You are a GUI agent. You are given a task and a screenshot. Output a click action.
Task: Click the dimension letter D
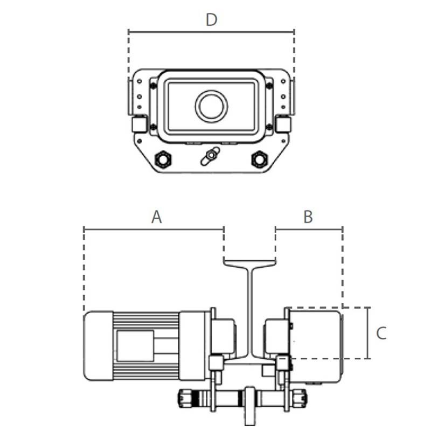[x=211, y=20]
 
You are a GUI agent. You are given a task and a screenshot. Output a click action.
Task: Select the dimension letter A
[x=156, y=217]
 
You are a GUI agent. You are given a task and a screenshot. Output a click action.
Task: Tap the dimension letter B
[x=308, y=217]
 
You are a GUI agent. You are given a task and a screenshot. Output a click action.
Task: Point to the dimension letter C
[x=381, y=333]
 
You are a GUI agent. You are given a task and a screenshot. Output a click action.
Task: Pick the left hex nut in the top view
[x=162, y=159]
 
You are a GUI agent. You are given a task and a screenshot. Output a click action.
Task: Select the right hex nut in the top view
[x=259, y=159]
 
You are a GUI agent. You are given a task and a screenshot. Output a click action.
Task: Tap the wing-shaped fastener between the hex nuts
[x=210, y=156]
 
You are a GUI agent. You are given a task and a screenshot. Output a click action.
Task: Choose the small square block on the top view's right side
[x=283, y=124]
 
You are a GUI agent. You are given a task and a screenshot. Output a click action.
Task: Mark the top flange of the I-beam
[x=249, y=262]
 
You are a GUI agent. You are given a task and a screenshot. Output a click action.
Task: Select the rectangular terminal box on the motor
[x=134, y=345]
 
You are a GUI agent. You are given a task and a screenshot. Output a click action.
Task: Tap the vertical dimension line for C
[x=369, y=333]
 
